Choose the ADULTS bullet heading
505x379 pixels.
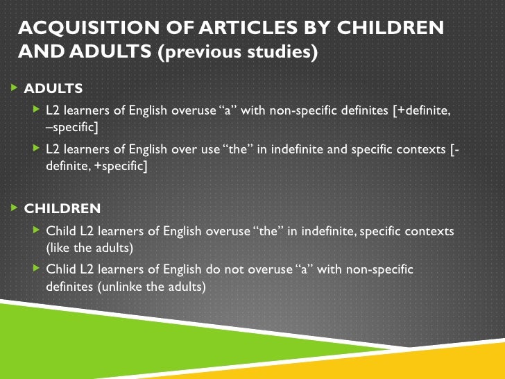click(x=53, y=89)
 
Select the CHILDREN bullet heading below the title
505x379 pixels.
click(x=62, y=208)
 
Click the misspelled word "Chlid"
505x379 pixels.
click(x=60, y=269)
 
